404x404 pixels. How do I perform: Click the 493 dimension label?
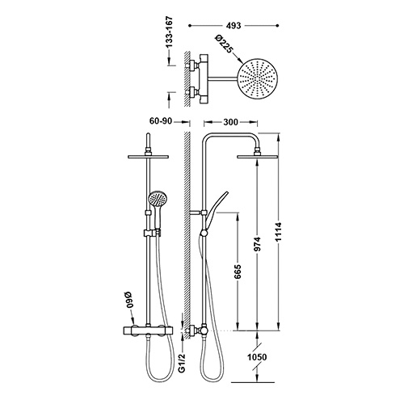click(234, 26)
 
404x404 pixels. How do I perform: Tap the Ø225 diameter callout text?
click(224, 44)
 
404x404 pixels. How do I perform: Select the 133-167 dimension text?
click(169, 32)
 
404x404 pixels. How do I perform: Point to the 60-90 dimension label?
click(161, 121)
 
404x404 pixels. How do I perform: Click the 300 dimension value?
click(231, 122)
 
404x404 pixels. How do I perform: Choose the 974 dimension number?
click(258, 244)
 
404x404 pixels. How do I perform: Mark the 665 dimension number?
click(238, 272)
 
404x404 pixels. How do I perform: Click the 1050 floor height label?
click(257, 357)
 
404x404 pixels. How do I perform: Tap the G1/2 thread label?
click(183, 364)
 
